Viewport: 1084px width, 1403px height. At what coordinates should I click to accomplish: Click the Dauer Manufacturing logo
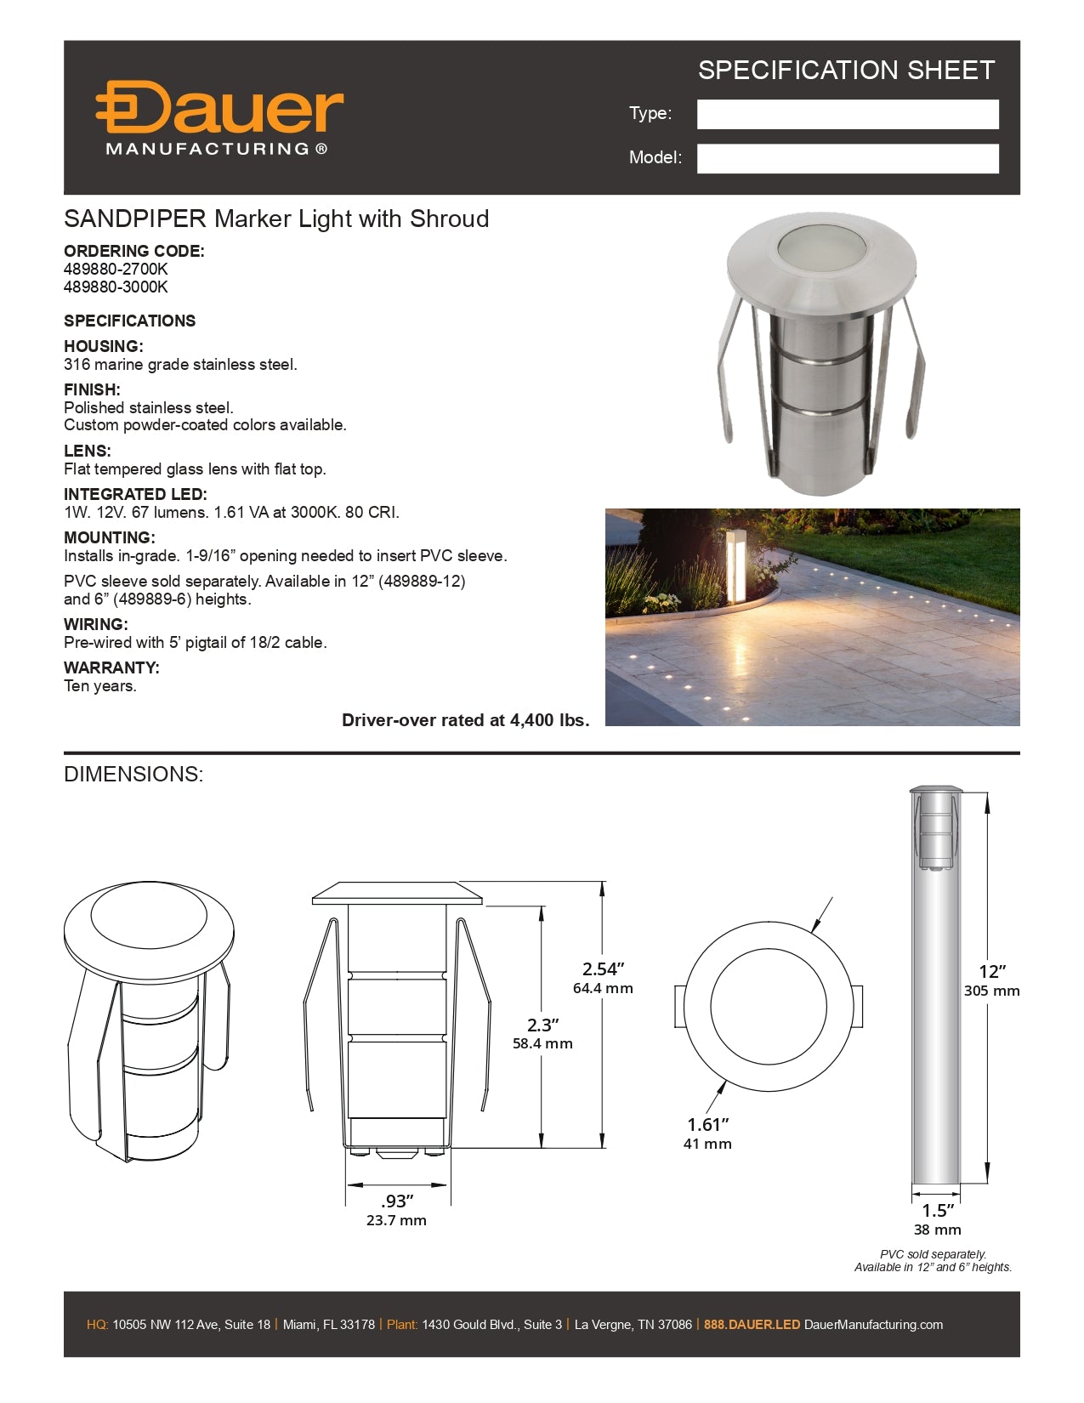219,117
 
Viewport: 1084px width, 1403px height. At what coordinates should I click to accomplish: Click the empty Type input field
847,114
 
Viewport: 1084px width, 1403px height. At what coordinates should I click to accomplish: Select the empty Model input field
847,158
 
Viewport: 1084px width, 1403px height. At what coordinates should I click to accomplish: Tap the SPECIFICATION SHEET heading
846,70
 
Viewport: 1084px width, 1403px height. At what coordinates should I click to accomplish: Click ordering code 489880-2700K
116,269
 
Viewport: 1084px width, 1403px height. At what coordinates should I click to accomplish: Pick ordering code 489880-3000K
116,287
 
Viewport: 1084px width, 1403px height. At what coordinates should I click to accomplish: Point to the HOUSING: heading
104,346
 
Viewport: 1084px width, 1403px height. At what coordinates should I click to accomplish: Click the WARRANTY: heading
111,667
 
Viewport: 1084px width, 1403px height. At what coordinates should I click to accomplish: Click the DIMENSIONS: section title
133,774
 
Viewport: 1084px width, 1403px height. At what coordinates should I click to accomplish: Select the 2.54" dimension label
603,968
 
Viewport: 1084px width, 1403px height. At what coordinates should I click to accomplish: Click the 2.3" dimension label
542,1025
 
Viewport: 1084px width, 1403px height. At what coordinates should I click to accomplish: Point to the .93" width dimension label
396,1201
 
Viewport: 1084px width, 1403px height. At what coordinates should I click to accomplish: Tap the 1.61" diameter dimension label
707,1124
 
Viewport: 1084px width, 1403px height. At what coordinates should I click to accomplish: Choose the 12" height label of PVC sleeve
992,971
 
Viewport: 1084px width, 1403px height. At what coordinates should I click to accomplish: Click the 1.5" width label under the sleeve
938,1210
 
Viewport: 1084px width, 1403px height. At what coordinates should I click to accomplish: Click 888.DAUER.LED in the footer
752,1324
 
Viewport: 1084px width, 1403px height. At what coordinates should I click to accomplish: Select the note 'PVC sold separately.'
933,1254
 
